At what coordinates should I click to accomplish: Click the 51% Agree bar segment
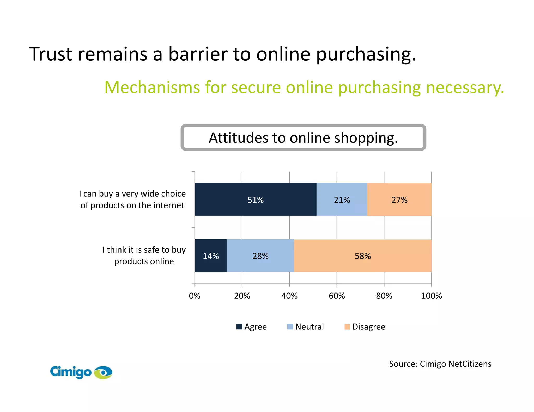pos(255,199)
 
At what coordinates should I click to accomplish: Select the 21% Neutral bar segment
pos(342,199)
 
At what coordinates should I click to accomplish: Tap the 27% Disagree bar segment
pos(399,199)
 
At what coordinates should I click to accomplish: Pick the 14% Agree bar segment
pos(211,256)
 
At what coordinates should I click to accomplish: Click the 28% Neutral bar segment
pos(260,256)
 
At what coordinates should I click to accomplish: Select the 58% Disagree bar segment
pos(362,256)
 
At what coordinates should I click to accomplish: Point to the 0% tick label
pos(195,296)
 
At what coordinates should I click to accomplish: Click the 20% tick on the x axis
pos(242,296)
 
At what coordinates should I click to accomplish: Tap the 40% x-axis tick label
pos(289,296)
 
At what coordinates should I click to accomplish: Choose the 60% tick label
pos(337,296)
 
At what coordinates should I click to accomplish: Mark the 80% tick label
pos(384,296)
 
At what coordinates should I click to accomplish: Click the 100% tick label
pos(432,296)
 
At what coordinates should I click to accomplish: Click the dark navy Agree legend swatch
pos(239,327)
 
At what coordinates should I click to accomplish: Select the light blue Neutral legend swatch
pos(290,327)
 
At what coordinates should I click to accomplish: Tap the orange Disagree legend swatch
pos(347,327)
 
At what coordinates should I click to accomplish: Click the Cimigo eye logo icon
pos(103,372)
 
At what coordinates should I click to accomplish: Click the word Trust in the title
pos(51,54)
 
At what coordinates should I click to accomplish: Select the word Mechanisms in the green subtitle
pos(152,88)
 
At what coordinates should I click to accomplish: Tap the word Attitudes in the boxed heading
pos(239,138)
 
